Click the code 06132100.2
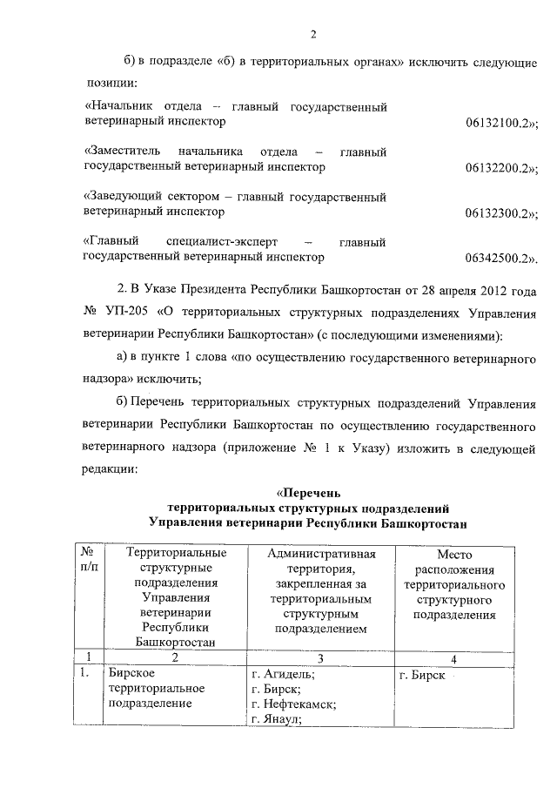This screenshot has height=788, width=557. coord(501,125)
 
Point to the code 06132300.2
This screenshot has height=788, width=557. coord(501,212)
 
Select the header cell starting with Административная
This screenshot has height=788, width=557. coord(321,590)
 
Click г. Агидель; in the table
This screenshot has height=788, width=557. coord(283,674)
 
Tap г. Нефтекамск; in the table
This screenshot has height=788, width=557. coord(293,704)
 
